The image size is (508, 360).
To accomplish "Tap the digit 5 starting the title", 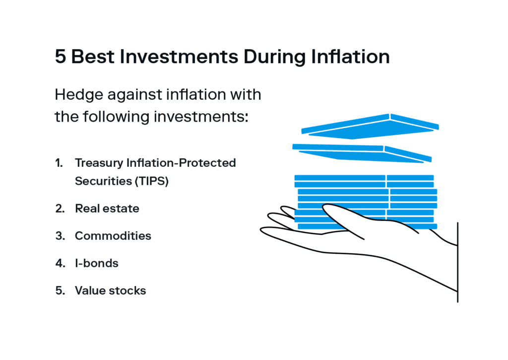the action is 61,57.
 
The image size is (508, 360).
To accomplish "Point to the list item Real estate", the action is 107,209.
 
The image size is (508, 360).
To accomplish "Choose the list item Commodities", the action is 113,236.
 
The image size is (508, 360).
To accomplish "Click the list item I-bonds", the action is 97,263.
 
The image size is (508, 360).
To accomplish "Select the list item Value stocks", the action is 111,290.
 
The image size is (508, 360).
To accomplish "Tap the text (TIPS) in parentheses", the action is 152,181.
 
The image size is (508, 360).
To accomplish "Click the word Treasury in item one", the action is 99,163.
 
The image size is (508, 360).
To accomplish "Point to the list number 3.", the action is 60,236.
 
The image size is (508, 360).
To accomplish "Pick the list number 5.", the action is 60,290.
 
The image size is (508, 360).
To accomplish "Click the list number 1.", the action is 59,163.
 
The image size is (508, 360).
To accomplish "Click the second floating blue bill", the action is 362,153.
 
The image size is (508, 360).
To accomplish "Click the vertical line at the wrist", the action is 457,262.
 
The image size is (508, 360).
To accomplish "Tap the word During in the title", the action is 274,58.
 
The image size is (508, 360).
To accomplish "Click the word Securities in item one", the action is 103,181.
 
